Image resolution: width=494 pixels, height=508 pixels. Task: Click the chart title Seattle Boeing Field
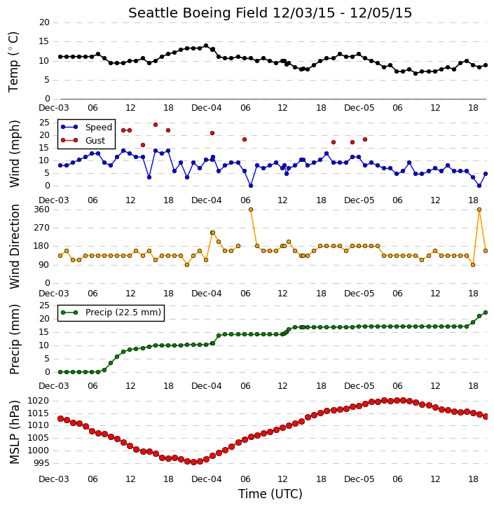pos(198,13)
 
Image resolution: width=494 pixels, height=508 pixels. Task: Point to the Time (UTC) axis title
pos(270,494)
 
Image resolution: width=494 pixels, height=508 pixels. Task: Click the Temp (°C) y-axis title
pos(13,62)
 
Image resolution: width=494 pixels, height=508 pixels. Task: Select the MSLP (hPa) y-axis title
pos(14,432)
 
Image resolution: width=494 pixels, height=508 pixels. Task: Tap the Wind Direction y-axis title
pos(15,246)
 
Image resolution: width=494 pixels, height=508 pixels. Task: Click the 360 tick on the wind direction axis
pos(42,210)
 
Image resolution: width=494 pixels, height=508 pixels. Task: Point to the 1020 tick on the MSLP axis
pos(39,401)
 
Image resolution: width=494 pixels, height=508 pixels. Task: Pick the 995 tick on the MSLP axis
pos(41,463)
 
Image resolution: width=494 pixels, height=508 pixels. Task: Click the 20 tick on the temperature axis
pos(44,22)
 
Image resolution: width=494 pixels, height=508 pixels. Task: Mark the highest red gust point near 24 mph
pos(156,125)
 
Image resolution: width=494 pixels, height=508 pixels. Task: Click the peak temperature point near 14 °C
pos(206,46)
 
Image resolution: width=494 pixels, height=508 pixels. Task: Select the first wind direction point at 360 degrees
pos(251,210)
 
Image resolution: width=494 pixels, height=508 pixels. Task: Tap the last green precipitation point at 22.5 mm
pos(486,313)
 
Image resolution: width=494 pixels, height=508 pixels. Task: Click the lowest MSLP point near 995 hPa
pos(193,462)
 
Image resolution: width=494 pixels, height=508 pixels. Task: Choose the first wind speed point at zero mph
pos(251,186)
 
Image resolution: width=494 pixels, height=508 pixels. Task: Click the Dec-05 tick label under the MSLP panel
pos(359,479)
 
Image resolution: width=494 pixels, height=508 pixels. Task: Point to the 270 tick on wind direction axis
pos(42,228)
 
